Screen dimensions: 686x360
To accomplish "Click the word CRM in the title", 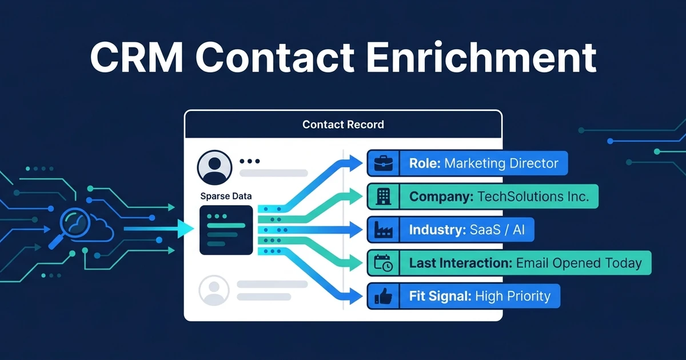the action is (137, 58).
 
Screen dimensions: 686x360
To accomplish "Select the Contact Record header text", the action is (343, 125).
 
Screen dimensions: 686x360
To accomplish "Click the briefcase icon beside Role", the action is (384, 163).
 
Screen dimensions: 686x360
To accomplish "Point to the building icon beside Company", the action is (384, 196).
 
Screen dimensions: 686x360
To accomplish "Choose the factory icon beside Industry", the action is (384, 230).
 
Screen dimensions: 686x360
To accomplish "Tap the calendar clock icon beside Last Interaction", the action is (384, 263).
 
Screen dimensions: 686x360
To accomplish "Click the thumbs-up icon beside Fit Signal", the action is (384, 296).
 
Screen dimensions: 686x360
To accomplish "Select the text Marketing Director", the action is (501, 163).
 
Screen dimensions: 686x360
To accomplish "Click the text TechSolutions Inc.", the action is (533, 196).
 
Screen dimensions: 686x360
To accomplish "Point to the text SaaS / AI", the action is (497, 230).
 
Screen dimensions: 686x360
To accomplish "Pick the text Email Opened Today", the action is (579, 263).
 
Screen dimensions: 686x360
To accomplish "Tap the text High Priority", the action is (513, 296).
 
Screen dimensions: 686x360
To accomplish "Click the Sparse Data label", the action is (226, 196).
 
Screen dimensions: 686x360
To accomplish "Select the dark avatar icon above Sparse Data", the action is (214, 167).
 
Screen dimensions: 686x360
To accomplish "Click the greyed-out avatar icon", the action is (214, 290).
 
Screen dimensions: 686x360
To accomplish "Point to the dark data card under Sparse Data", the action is (226, 230).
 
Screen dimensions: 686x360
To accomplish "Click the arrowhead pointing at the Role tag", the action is (355, 163).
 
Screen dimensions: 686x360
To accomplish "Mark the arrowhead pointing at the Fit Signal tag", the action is (355, 296).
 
